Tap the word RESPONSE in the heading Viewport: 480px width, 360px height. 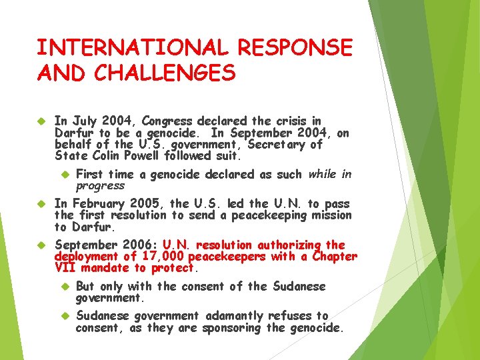[x=295, y=48]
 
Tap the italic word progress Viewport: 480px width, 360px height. [x=100, y=186]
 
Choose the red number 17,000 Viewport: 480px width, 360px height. [x=162, y=257]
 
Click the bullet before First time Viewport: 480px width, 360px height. [x=64, y=175]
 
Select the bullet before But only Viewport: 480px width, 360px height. [x=64, y=287]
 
